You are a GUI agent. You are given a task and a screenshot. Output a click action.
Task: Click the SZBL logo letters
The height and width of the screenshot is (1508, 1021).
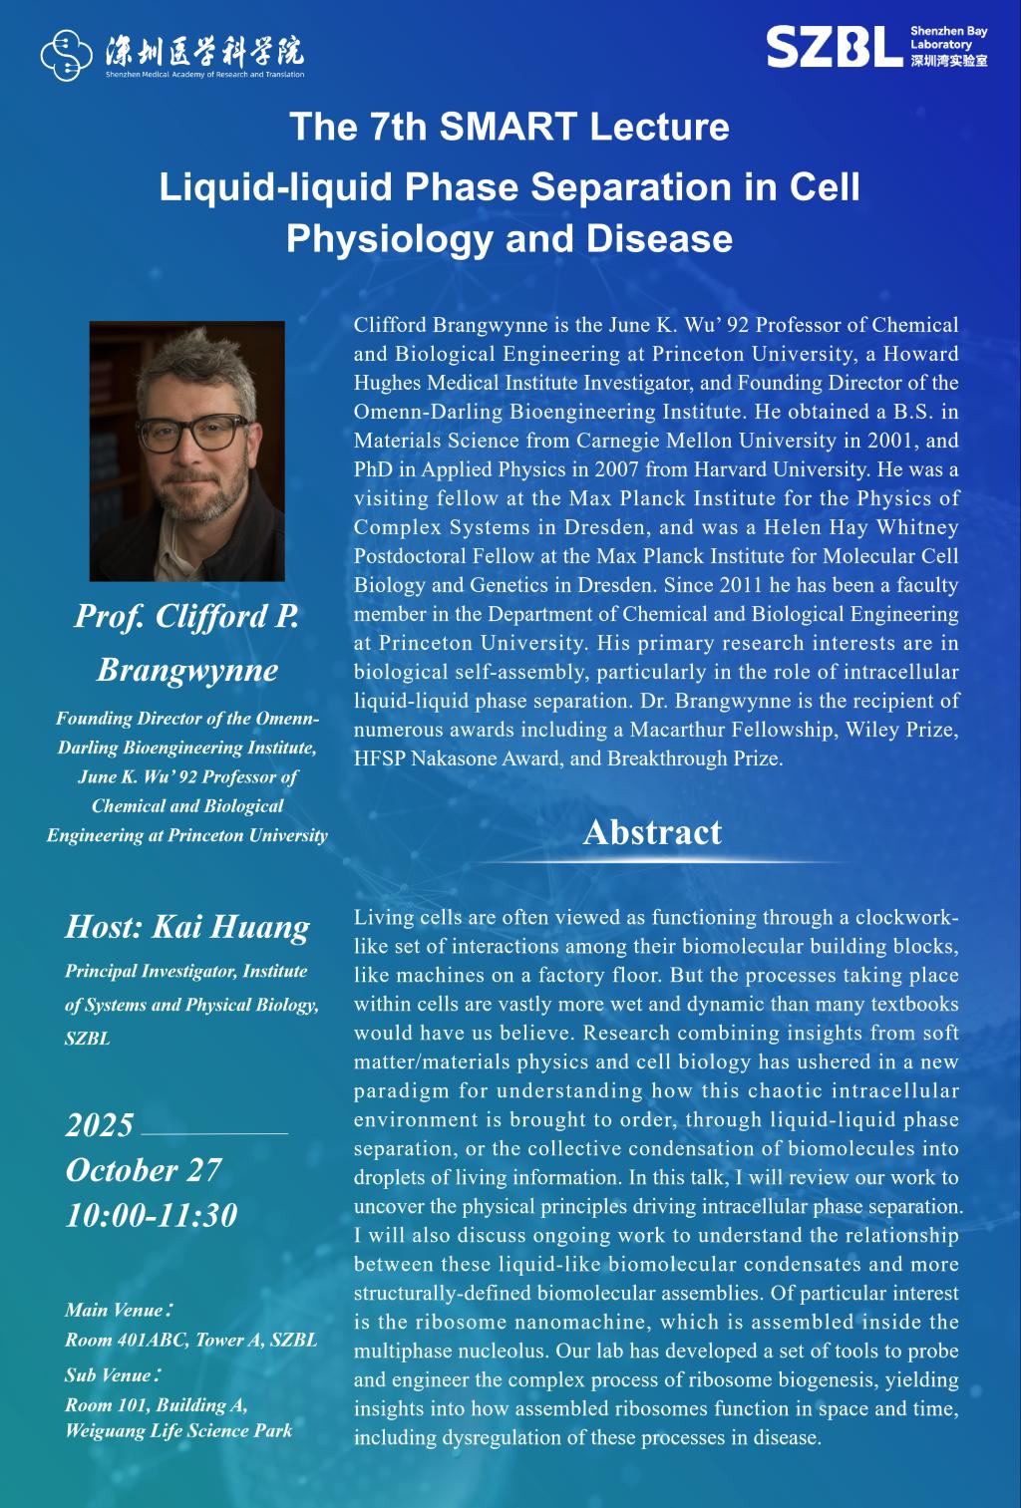click(835, 47)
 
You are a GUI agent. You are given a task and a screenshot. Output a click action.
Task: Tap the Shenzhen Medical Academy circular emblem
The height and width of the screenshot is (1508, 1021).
click(67, 55)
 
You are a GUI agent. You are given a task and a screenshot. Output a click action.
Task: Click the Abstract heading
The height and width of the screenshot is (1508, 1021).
click(652, 832)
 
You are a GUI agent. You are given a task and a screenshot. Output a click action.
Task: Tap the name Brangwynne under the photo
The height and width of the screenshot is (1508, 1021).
click(187, 670)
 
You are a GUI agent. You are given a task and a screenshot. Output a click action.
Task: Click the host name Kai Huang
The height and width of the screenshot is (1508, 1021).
click(230, 927)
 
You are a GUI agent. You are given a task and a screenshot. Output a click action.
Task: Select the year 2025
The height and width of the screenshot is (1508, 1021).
click(100, 1125)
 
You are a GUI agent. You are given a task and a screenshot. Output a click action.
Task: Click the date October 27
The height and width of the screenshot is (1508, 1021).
click(144, 1170)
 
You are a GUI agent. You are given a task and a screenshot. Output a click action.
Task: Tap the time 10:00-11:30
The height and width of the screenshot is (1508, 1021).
click(152, 1215)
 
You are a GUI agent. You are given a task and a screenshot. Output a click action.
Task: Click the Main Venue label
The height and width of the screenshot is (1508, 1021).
click(120, 1310)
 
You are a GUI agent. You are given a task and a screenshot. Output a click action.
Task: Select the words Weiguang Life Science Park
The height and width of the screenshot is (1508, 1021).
click(179, 1431)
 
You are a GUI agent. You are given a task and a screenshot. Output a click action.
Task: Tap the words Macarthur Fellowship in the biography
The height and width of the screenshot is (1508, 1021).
click(734, 730)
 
